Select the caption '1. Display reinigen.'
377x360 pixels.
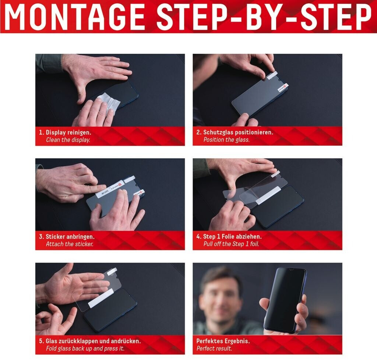click(65, 133)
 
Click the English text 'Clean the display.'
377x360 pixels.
click(68, 140)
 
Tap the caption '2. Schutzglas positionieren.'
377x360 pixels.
click(235, 132)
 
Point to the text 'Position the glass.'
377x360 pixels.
click(226, 140)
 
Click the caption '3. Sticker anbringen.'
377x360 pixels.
click(67, 237)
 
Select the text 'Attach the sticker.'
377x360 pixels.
click(70, 244)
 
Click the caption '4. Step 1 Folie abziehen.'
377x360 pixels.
click(229, 236)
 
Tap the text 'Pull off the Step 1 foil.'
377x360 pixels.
click(231, 244)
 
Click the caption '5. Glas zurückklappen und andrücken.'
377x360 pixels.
click(90, 341)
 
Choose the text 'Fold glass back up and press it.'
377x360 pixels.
click(85, 349)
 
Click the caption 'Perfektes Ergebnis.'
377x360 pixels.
click(223, 341)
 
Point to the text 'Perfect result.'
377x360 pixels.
click(214, 349)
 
